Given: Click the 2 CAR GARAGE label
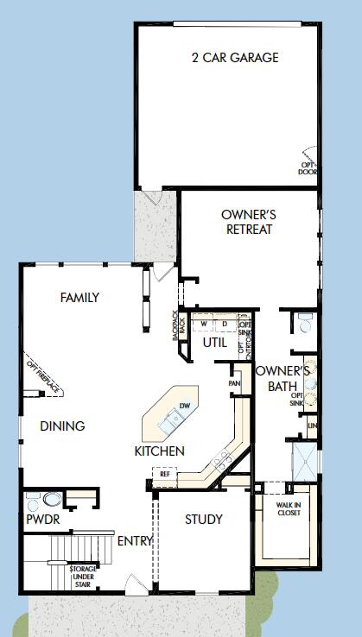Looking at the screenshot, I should point(235,58).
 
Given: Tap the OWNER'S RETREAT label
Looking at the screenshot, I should point(247,222).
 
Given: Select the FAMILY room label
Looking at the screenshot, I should point(79,298).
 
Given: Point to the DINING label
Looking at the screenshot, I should point(62,426).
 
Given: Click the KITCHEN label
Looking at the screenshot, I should point(159,451).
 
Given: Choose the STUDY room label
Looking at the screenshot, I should point(204,520).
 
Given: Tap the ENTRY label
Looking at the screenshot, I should point(135,541).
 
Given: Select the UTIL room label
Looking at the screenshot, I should point(214,343).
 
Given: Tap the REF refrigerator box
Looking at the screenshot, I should point(163,473).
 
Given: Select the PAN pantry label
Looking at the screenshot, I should point(234,383).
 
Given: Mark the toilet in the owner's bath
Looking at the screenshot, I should point(304,324).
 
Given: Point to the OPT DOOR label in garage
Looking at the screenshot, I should point(308,167).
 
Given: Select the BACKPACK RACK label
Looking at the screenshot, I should point(178,325).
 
